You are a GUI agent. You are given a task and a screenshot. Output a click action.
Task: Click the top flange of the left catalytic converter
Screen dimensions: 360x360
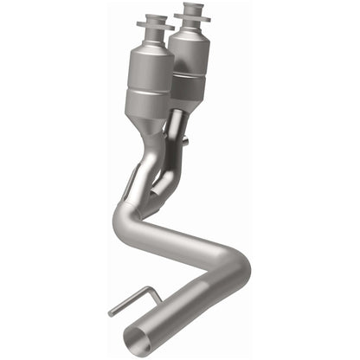pos(155,20)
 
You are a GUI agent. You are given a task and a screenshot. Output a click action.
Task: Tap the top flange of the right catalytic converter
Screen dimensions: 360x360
pos(192,10)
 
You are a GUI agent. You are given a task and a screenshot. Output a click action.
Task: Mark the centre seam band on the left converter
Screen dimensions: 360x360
pos(150,93)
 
